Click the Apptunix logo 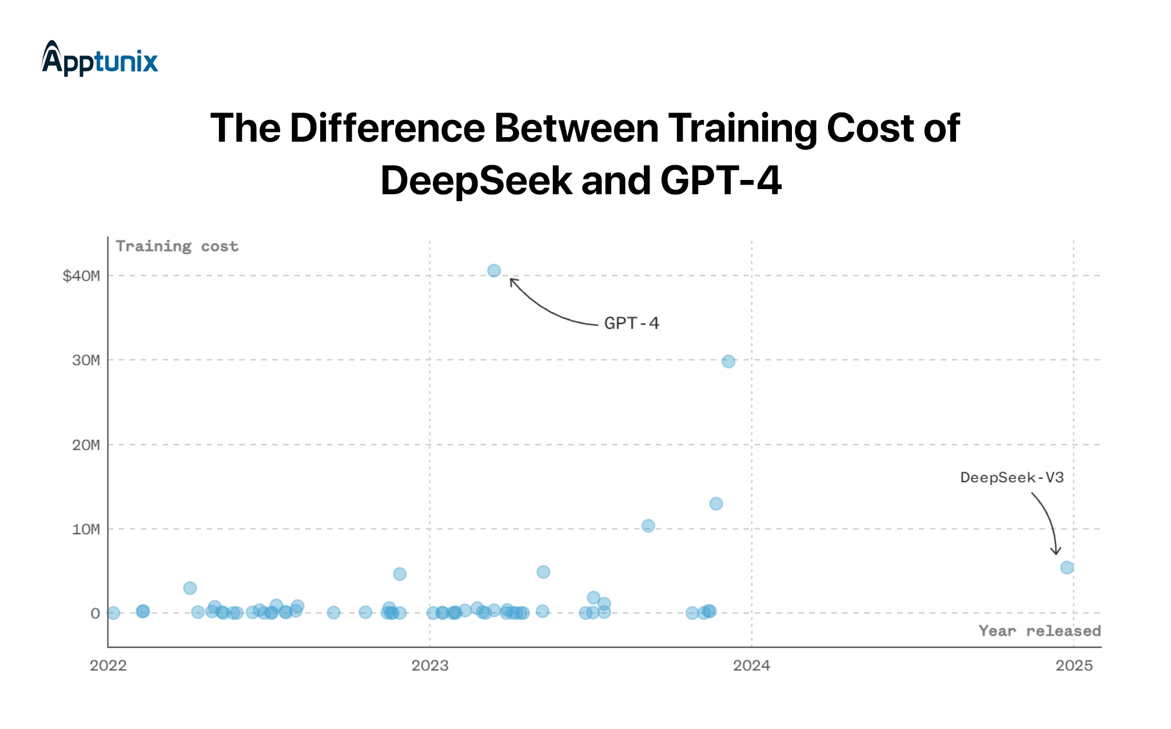point(99,59)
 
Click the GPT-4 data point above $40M point(494,271)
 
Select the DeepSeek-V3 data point point(1066,567)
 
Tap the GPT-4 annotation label point(631,323)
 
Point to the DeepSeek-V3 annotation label point(1011,478)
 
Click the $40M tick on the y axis point(81,276)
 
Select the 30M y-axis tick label point(86,361)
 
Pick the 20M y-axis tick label point(86,445)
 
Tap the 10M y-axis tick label point(86,530)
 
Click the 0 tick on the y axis point(95,614)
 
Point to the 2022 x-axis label point(108,666)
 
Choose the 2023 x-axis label point(430,666)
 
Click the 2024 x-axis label point(751,666)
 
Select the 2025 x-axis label point(1074,666)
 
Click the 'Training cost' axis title point(177,246)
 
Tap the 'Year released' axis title point(1039,631)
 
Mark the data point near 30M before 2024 point(728,362)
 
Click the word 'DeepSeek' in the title point(476,181)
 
